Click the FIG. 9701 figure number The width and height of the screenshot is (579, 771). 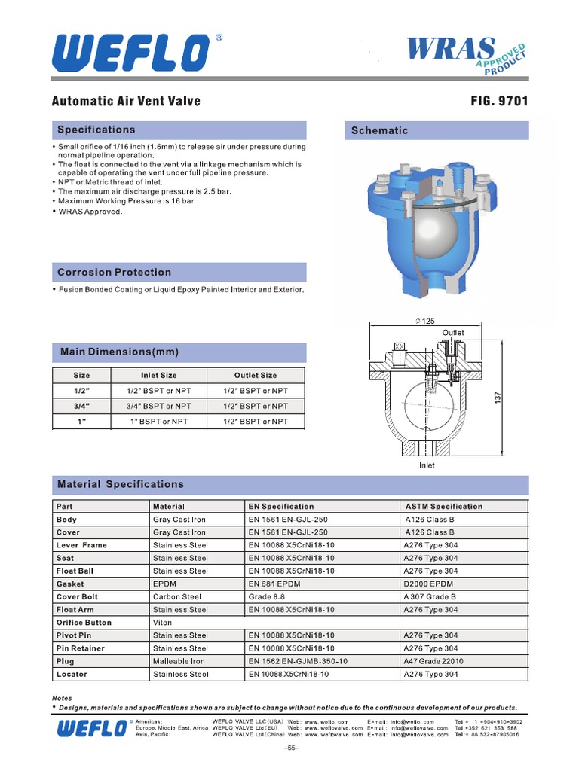tap(498, 101)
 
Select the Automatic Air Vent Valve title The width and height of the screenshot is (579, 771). tap(126, 101)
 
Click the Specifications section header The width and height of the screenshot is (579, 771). tap(96, 130)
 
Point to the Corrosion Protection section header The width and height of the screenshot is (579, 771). tap(115, 272)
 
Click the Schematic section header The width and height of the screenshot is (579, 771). tap(379, 130)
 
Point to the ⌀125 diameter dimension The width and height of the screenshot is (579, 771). tap(426, 322)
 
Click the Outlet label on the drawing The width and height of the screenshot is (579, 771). tap(453, 332)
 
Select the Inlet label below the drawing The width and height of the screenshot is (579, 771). tap(427, 465)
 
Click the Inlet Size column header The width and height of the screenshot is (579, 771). tap(159, 375)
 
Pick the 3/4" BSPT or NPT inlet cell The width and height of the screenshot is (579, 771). tap(159, 406)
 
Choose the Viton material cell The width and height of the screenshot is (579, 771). tap(162, 623)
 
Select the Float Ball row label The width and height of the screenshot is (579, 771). tap(75, 571)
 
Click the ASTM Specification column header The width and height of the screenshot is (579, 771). tap(443, 507)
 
